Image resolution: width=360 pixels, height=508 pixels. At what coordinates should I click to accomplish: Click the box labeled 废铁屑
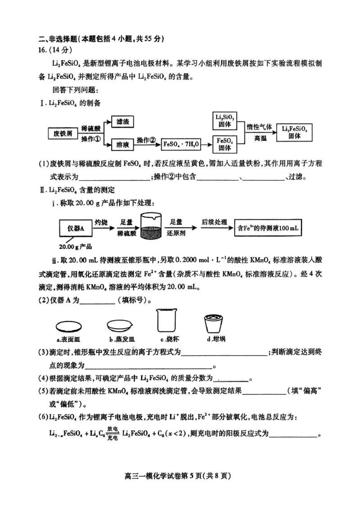[63, 134]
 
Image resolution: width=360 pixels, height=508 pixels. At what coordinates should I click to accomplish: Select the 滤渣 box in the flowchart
[123, 122]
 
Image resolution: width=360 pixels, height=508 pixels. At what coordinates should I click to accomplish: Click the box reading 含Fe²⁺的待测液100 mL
[268, 228]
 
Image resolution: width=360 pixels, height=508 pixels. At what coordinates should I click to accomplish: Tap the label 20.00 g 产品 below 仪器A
[76, 246]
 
